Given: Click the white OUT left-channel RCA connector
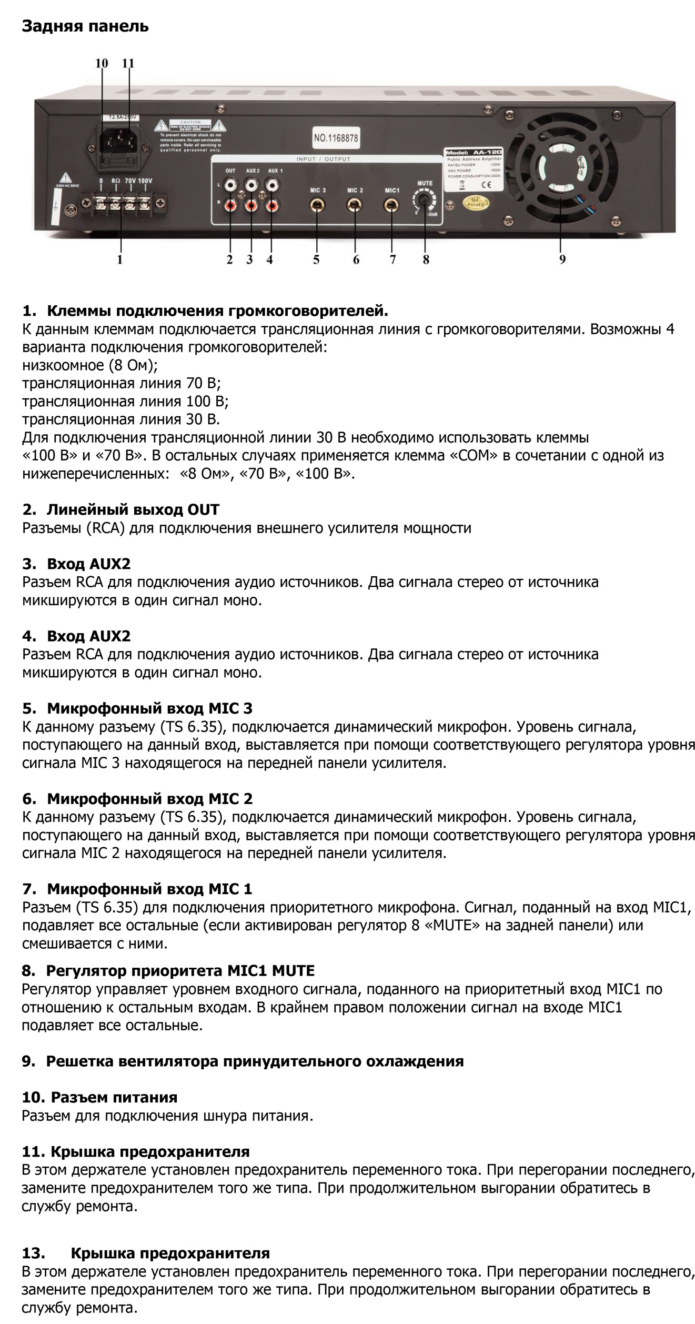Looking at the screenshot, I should point(230,185).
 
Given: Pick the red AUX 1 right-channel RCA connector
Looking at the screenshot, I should point(272,204).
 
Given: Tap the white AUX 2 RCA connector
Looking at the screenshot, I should point(251,185).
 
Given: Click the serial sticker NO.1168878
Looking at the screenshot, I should point(336,138).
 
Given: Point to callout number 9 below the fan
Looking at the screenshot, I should point(562,259).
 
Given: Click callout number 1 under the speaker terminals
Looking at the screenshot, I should point(120,259).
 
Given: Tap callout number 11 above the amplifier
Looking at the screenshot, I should point(128,64).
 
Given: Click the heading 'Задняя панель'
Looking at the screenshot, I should point(85,26).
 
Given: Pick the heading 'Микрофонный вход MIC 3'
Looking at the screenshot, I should point(150,708).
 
